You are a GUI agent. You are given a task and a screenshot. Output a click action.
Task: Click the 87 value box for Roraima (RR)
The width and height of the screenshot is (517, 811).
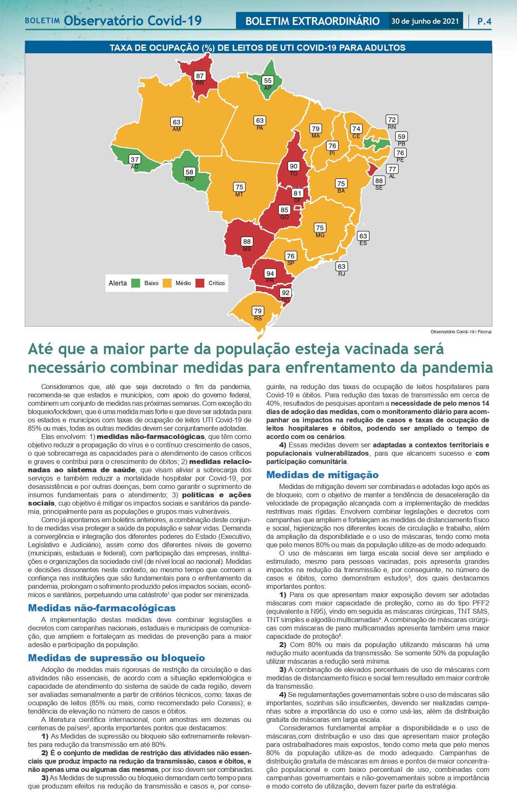click(x=200, y=76)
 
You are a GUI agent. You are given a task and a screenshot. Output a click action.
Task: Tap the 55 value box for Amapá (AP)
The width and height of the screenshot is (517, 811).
click(x=267, y=81)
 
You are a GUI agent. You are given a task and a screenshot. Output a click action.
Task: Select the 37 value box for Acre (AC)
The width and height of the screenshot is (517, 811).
click(x=135, y=159)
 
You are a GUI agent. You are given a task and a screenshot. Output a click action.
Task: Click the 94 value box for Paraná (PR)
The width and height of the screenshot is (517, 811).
click(x=270, y=273)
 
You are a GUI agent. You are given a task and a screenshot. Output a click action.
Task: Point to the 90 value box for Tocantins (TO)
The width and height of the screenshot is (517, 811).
click(x=294, y=166)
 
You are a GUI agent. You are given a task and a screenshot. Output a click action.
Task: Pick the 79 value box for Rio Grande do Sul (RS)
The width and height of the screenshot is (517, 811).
click(x=258, y=311)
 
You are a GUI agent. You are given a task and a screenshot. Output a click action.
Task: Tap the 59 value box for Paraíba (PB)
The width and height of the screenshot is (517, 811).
click(x=401, y=136)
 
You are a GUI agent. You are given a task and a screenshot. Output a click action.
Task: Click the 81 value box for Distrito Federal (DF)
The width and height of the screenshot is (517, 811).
click(x=297, y=193)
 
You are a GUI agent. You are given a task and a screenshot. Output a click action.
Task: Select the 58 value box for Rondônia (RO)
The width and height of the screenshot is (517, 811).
click(x=190, y=172)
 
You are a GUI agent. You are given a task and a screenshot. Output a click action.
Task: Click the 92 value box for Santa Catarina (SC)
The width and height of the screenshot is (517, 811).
click(x=285, y=293)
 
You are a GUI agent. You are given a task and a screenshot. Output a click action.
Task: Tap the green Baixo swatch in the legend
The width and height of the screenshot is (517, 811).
click(x=135, y=283)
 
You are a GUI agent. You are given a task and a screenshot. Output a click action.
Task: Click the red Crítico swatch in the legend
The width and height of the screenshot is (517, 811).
click(x=200, y=283)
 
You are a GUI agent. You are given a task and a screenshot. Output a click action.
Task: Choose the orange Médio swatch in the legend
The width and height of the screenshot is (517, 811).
click(x=167, y=283)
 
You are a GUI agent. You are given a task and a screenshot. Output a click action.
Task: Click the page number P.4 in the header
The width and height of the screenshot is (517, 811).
click(x=484, y=21)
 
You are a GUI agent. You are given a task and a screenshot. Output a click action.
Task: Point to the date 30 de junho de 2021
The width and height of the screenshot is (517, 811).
click(x=425, y=21)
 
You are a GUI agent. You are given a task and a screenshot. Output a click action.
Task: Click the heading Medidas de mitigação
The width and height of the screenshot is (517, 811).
click(x=322, y=475)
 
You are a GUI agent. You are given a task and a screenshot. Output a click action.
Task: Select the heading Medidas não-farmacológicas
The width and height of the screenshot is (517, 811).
click(x=102, y=608)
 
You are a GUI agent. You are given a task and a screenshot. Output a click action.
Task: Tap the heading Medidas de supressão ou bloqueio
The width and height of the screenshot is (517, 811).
click(x=116, y=658)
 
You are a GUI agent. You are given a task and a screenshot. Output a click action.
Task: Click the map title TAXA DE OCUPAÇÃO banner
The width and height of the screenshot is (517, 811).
click(x=258, y=48)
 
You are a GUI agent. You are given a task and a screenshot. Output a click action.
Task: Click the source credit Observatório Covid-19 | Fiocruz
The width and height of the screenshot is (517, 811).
click(x=461, y=332)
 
